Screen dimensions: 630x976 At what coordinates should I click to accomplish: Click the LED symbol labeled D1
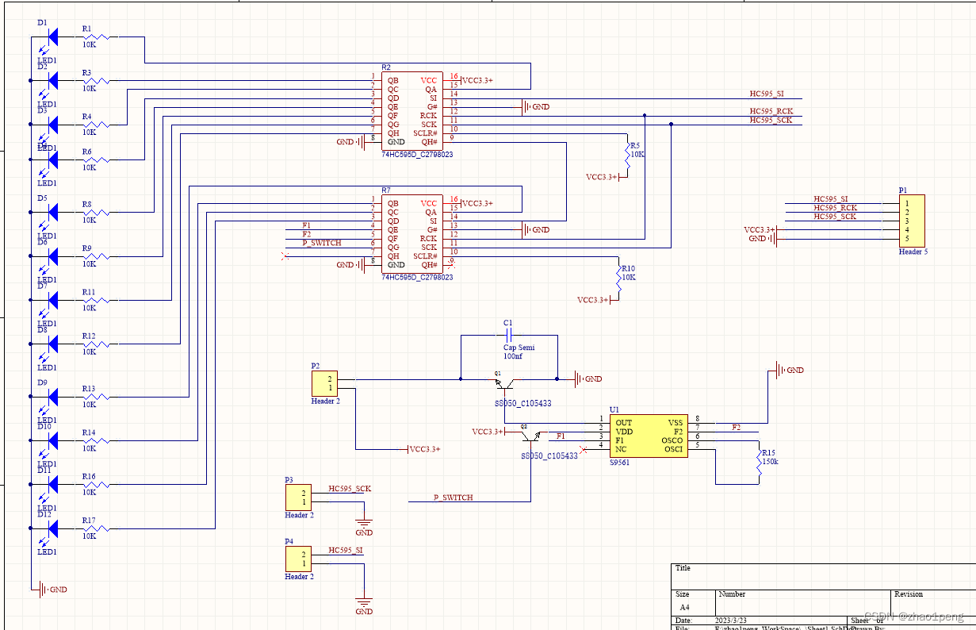click(53, 36)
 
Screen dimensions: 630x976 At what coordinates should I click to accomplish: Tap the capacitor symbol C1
click(510, 336)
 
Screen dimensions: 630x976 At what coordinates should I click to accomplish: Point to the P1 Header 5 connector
click(911, 221)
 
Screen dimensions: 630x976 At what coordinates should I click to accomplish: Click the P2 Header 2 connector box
click(325, 383)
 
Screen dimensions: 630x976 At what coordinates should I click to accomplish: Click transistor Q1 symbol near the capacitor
click(503, 384)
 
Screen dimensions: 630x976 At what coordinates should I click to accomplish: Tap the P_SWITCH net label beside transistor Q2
click(453, 497)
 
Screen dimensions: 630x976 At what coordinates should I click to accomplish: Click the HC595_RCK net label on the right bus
click(771, 111)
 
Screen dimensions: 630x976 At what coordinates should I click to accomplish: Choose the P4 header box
click(299, 559)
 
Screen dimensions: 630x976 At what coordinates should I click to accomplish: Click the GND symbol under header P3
click(364, 524)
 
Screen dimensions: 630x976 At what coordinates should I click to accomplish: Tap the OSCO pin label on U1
click(671, 441)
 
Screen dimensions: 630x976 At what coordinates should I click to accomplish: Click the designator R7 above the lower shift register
click(386, 191)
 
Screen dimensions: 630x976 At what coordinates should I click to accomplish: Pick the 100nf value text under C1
click(513, 357)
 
